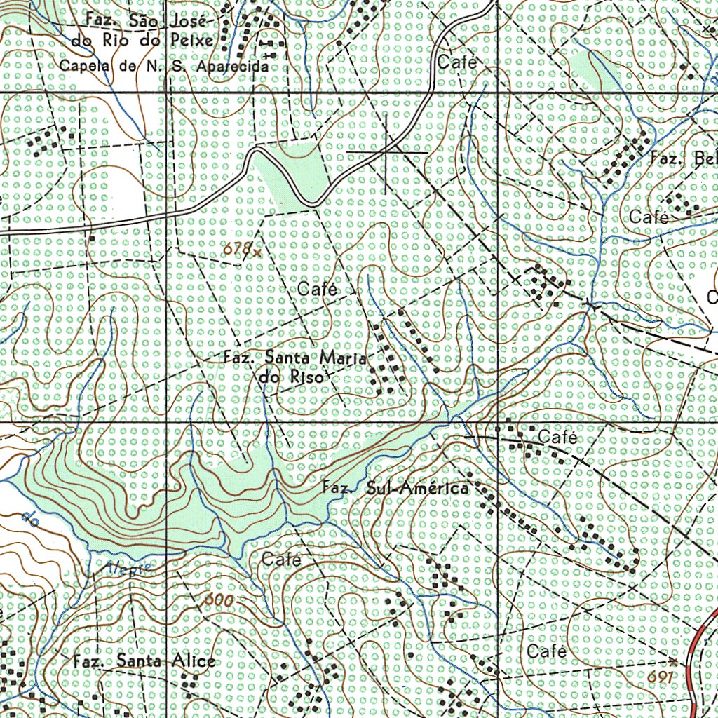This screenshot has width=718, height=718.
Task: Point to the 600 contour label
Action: (x=219, y=600)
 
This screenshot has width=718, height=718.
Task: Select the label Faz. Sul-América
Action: (x=395, y=488)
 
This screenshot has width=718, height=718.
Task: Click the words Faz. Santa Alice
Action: (x=144, y=661)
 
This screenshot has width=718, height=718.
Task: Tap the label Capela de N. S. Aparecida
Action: (x=164, y=67)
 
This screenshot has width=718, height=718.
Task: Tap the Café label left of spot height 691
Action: (x=546, y=651)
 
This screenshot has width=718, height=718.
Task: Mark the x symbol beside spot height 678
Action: (x=257, y=251)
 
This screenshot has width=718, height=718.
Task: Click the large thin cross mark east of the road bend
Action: (x=387, y=151)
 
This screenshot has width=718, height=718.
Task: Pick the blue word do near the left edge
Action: (x=29, y=518)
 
